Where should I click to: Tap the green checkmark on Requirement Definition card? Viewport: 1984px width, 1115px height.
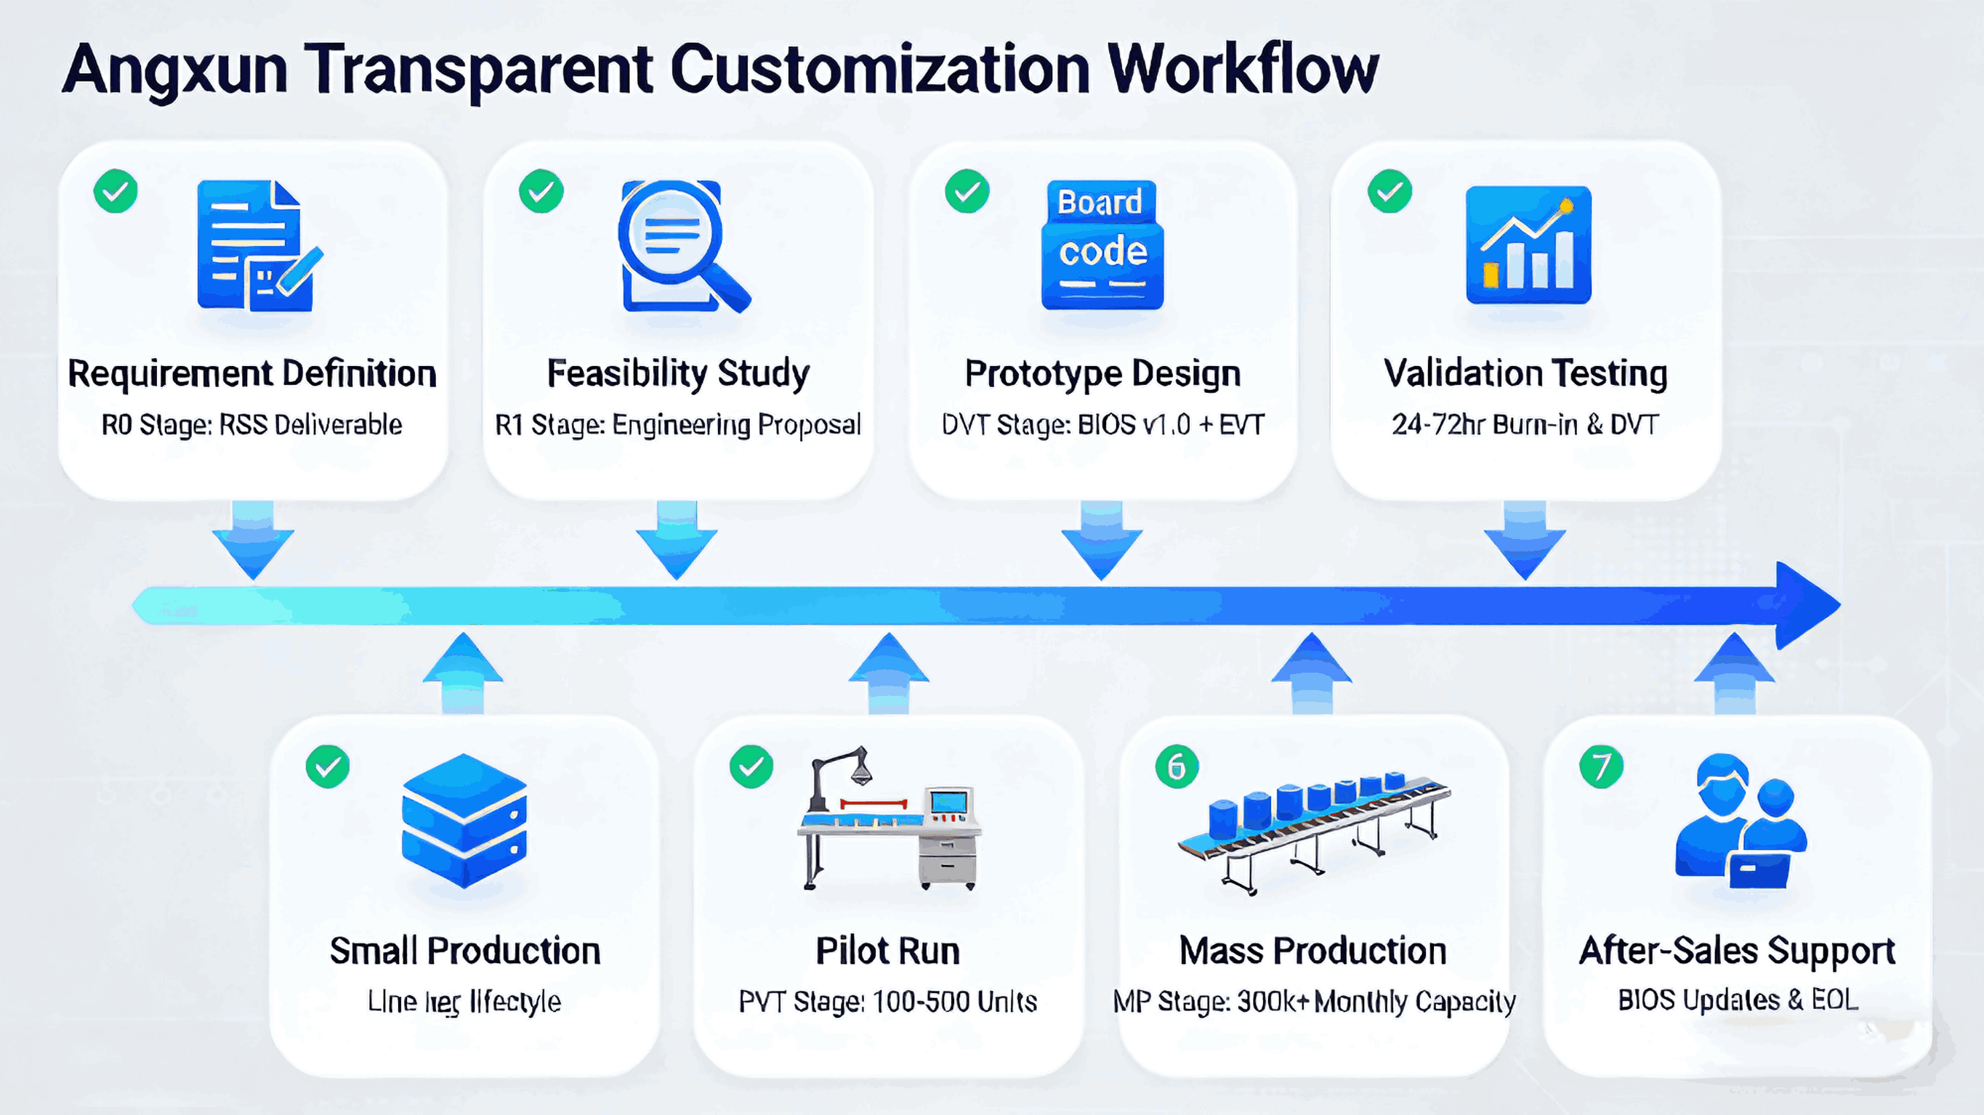pyautogui.click(x=116, y=191)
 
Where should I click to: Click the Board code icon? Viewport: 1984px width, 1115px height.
pyautogui.click(x=1102, y=245)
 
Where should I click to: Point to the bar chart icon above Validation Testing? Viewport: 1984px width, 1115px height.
pyautogui.click(x=1528, y=245)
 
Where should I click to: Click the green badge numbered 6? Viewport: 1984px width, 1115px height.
pyautogui.click(x=1177, y=766)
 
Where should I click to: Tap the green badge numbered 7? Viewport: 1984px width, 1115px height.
pyautogui.click(x=1601, y=766)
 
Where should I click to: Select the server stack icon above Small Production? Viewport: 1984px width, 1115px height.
pyautogui.click(x=464, y=820)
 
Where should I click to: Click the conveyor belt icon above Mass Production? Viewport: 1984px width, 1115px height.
pyautogui.click(x=1313, y=832)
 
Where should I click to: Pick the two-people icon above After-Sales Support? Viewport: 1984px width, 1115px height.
pyautogui.click(x=1740, y=821)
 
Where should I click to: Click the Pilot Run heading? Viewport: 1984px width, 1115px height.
pyautogui.click(x=887, y=951)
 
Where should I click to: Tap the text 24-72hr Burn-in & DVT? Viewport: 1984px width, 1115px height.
pyautogui.click(x=1525, y=424)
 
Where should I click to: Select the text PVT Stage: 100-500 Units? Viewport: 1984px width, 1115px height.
pyautogui.click(x=887, y=1001)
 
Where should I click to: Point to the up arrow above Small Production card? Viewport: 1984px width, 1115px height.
pyautogui.click(x=463, y=671)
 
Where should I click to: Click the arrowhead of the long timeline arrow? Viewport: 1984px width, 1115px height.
pyautogui.click(x=1806, y=605)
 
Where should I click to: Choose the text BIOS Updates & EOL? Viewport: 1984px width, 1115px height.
pyautogui.click(x=1738, y=1000)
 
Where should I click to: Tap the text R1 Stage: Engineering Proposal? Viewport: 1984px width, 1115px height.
pyautogui.click(x=678, y=424)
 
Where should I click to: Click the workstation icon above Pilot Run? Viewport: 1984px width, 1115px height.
pyautogui.click(x=890, y=820)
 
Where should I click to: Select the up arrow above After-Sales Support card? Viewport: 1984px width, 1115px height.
pyautogui.click(x=1735, y=671)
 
